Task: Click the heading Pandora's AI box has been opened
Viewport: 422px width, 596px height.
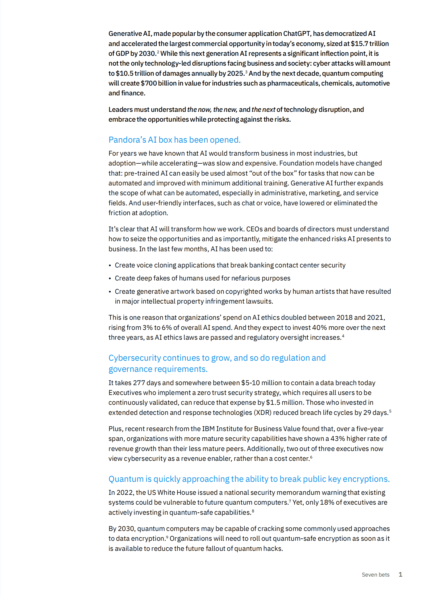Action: [174, 140]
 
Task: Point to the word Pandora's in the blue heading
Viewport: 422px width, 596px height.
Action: [127, 140]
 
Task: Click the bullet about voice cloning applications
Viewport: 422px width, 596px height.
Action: [230, 265]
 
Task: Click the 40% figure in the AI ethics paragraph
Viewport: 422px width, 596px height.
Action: [320, 327]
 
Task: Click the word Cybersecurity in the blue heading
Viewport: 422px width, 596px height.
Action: [135, 358]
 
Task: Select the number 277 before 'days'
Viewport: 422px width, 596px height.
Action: [139, 383]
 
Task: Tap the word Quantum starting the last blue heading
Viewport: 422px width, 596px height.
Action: [126, 479]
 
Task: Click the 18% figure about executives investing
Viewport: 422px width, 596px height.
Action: [327, 502]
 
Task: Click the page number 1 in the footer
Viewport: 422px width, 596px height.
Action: [400, 574]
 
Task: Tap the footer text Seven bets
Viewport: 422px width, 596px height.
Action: [375, 575]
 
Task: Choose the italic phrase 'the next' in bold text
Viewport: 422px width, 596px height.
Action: [263, 109]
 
